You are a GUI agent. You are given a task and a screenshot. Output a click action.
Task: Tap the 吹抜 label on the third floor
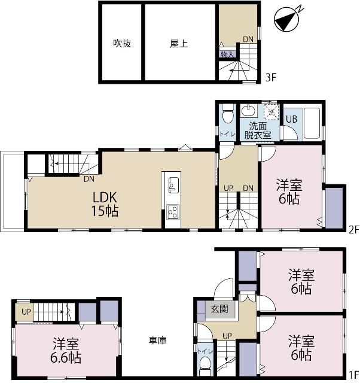(121, 44)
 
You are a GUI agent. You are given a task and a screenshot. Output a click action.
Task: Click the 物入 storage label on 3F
(227, 54)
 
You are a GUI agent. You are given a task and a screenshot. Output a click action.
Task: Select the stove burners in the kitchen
(172, 212)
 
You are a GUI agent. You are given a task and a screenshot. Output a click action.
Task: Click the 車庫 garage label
(157, 341)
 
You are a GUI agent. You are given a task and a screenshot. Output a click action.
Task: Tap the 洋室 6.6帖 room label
(66, 351)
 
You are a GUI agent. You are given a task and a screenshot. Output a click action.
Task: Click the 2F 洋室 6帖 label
(289, 191)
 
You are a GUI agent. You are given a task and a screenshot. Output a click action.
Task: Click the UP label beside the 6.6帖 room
(26, 312)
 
